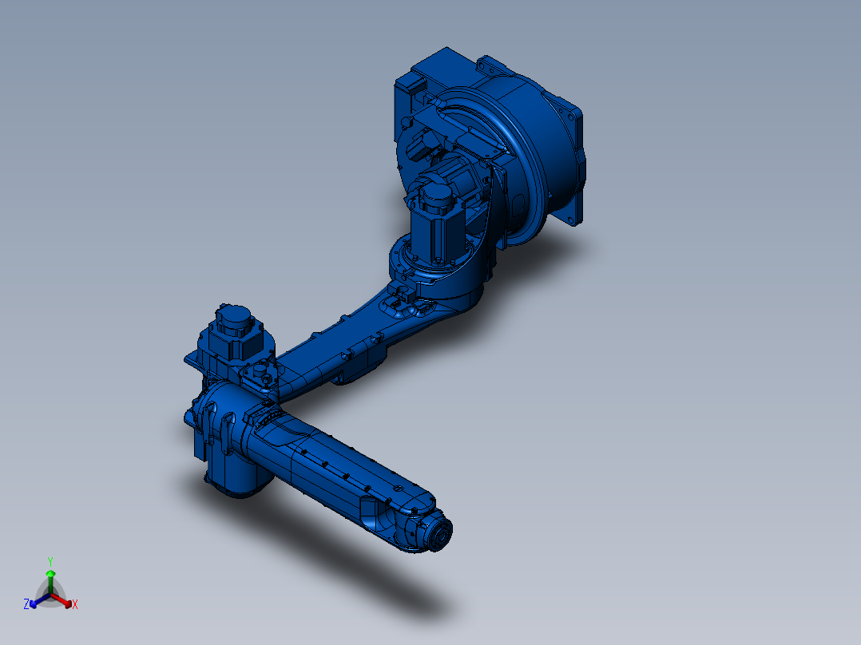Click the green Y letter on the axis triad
coord(50,561)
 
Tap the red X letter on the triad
coord(75,604)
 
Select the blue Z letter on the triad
coord(26,603)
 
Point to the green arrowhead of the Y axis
coord(50,574)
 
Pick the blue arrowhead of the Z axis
coord(34,603)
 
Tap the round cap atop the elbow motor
coord(233,318)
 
